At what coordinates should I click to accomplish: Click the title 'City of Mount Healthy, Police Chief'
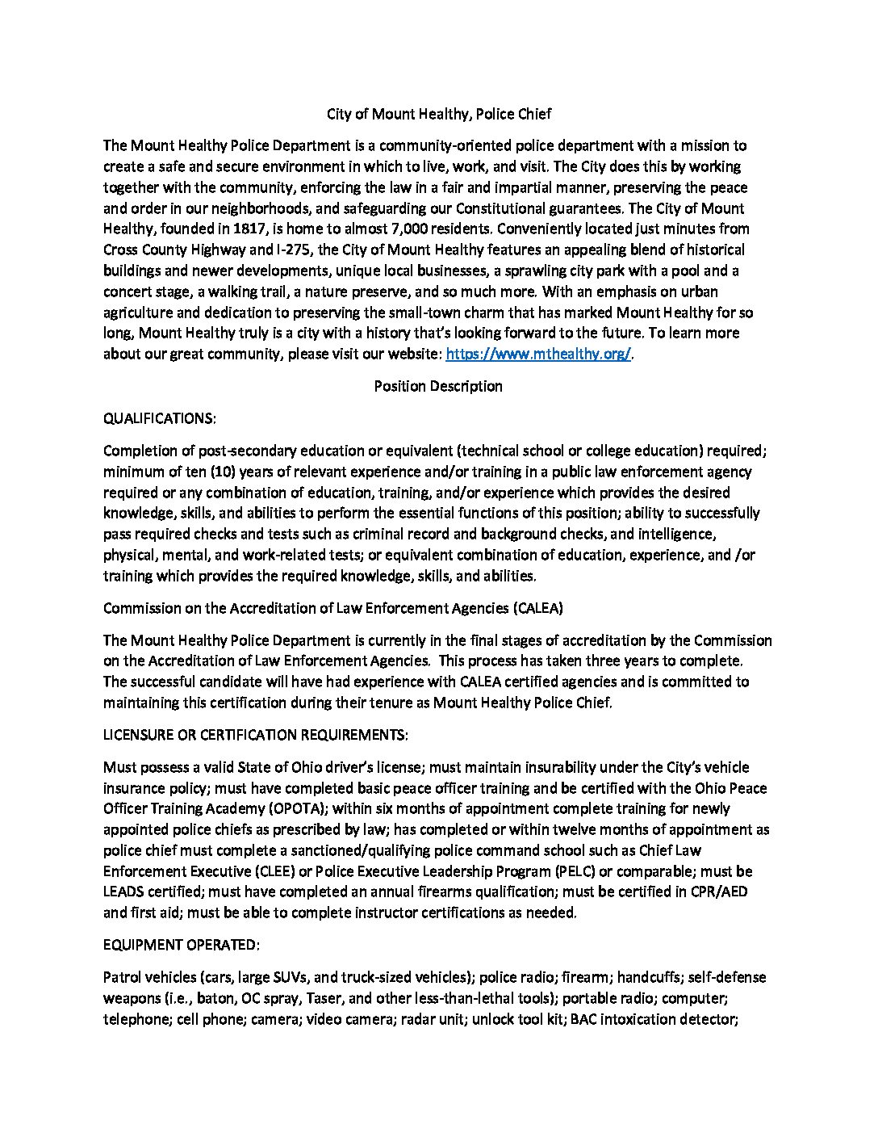tap(439, 114)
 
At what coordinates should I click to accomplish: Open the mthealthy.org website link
tap(538, 354)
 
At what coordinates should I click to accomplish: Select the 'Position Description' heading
tap(438, 386)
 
